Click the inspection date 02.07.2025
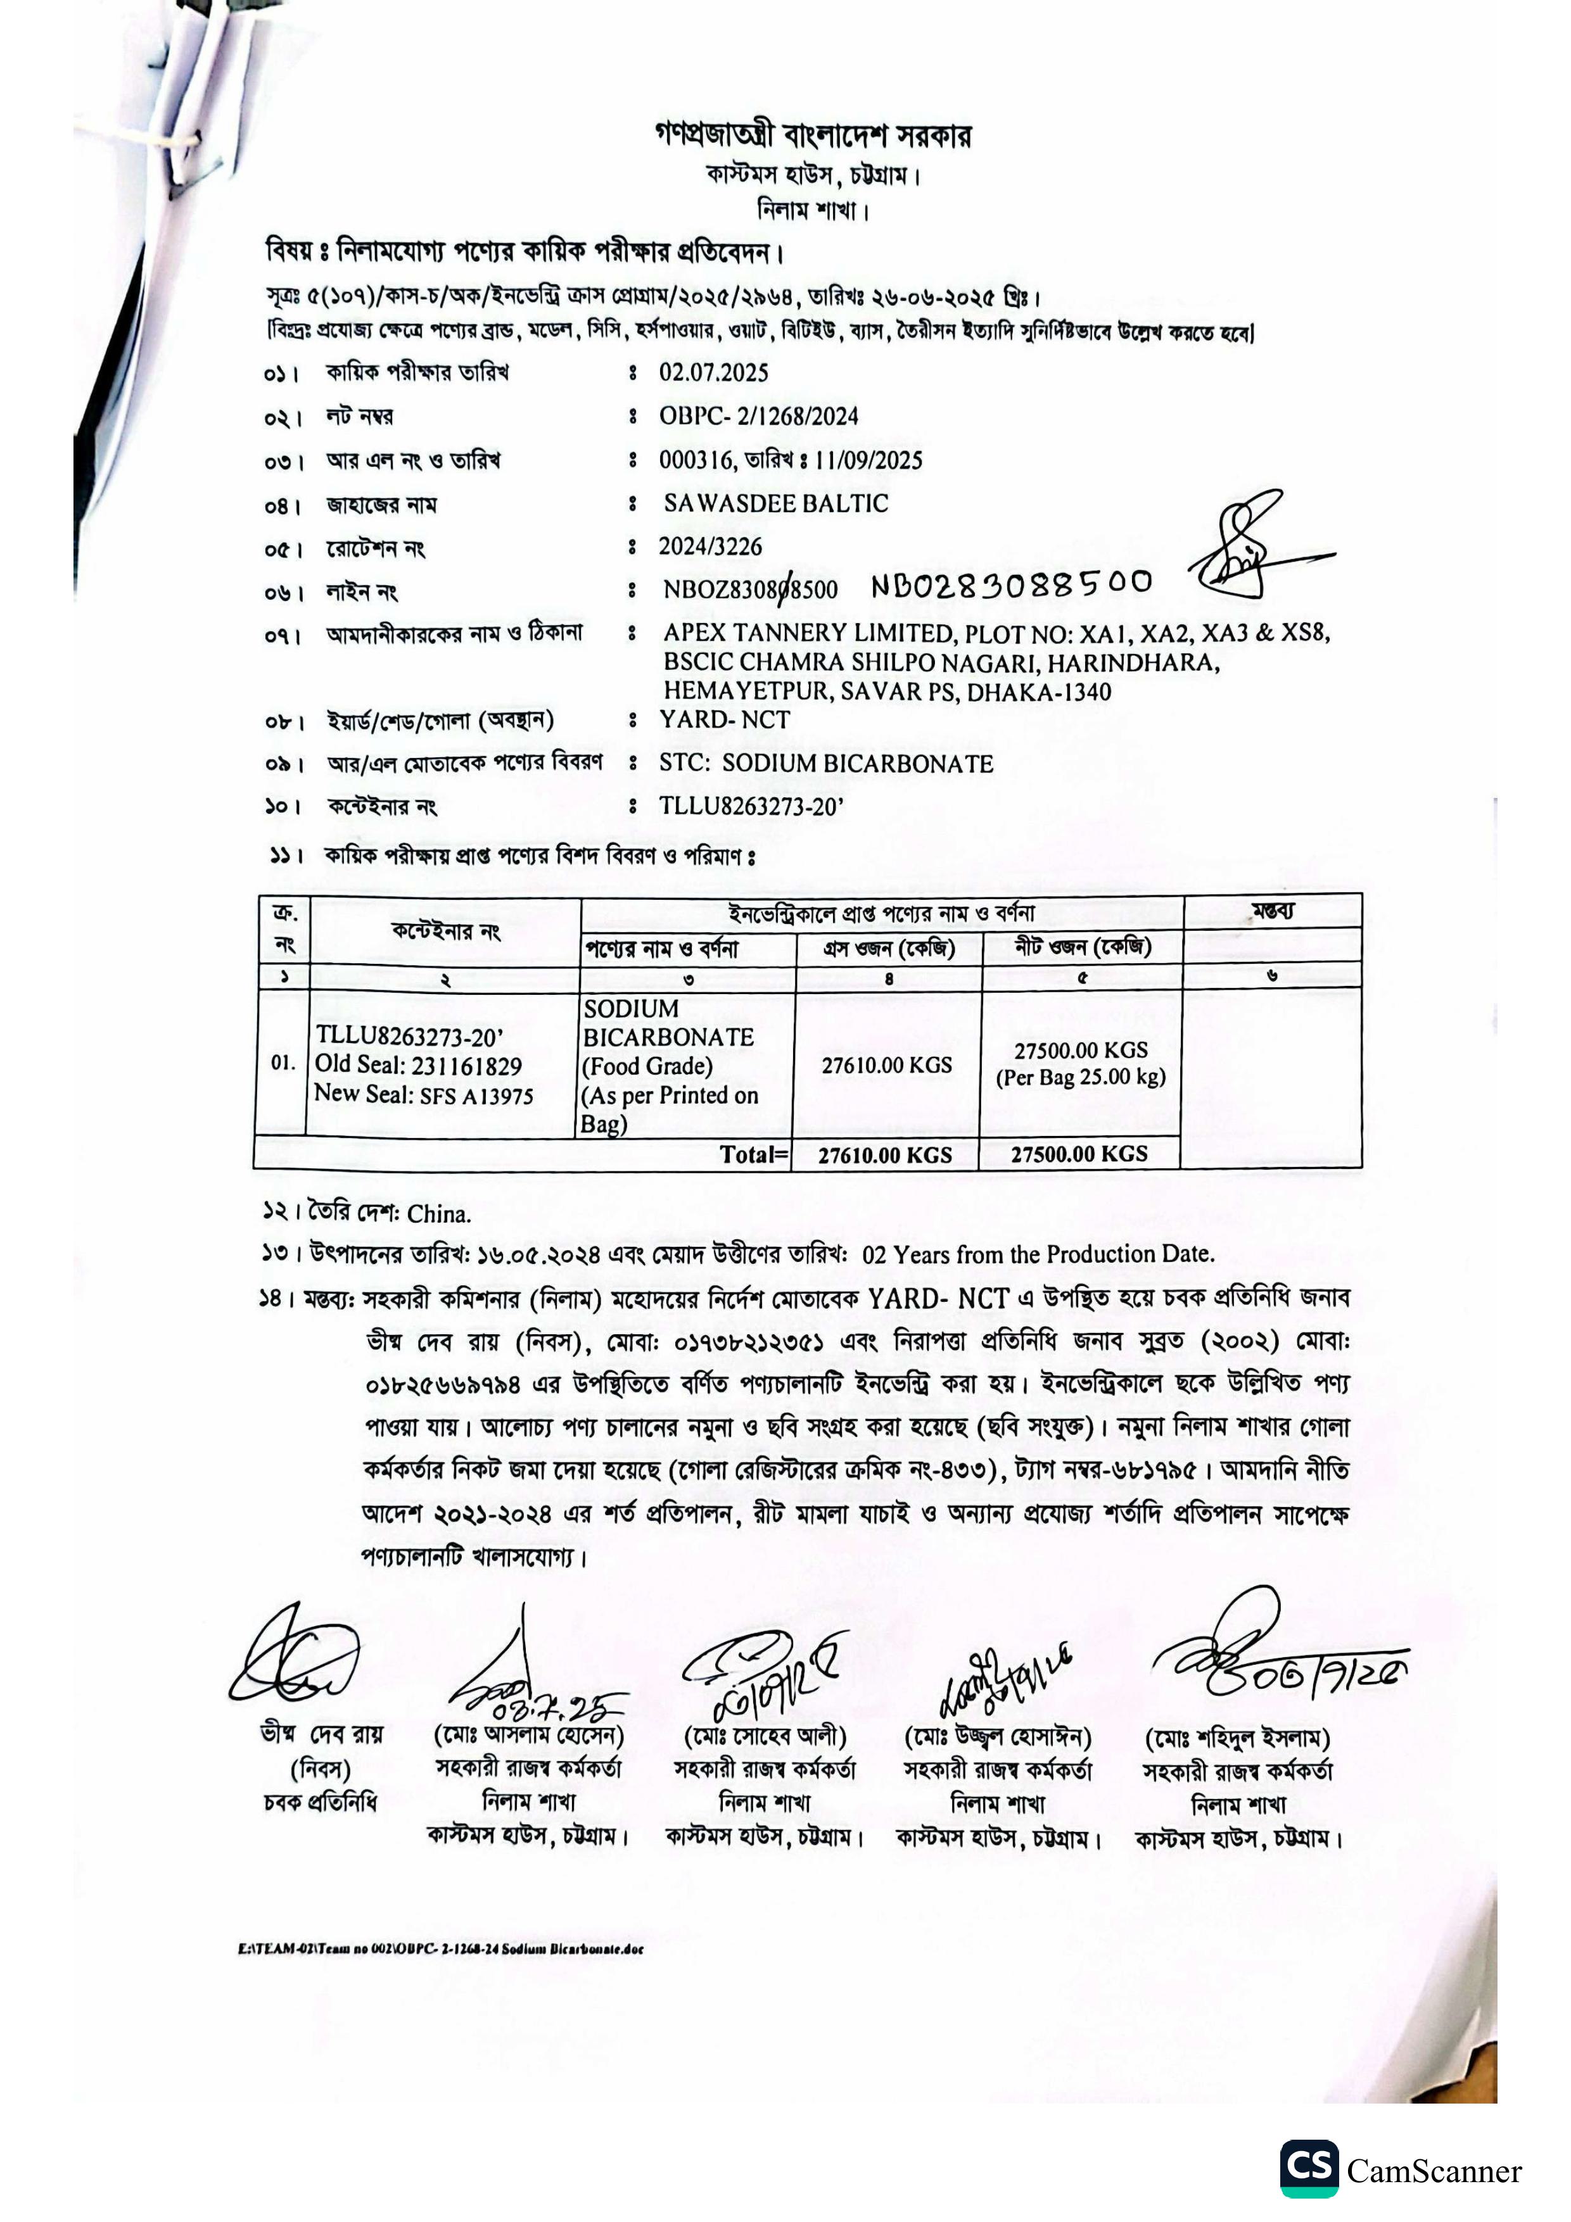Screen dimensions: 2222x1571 coord(713,372)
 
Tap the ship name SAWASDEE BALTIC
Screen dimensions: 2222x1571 coord(775,503)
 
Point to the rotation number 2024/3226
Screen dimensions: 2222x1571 coord(711,546)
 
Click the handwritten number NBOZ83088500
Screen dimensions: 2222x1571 coord(1012,584)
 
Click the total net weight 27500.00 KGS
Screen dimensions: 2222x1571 coord(1079,1154)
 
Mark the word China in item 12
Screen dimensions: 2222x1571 coord(438,1214)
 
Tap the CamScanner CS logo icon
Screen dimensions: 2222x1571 coord(1309,2169)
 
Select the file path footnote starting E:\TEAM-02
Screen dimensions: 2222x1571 coord(440,1949)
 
